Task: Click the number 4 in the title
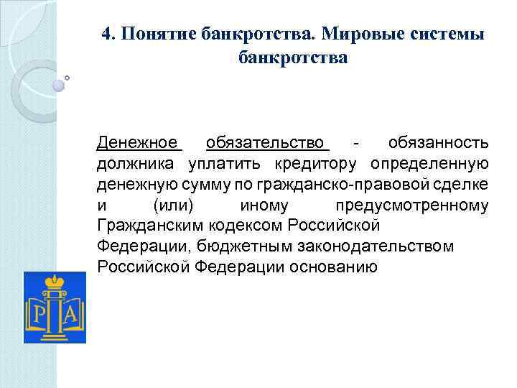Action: (x=106, y=35)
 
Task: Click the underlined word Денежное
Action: (x=137, y=142)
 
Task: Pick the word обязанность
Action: (x=438, y=142)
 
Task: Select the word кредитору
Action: (x=320, y=164)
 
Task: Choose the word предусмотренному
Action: (x=412, y=206)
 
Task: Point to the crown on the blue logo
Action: (x=55, y=281)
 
